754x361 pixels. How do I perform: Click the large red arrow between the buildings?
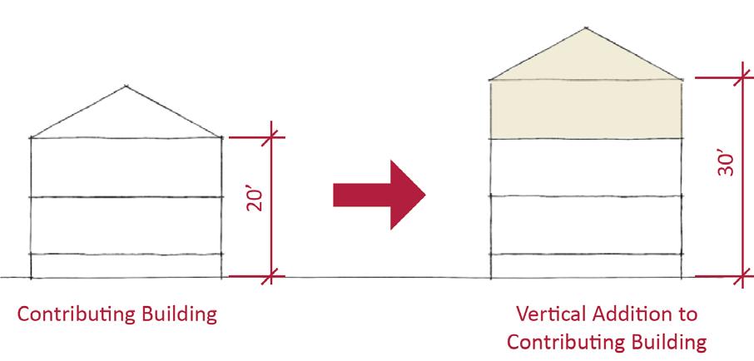(379, 194)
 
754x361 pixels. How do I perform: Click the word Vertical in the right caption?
(548, 314)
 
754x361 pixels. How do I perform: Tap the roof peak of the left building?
(126, 85)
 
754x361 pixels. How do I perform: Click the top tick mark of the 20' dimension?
(272, 136)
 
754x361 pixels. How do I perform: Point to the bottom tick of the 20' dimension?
(272, 275)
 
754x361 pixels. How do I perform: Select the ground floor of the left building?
(126, 265)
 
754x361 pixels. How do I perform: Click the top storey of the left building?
(126, 167)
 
